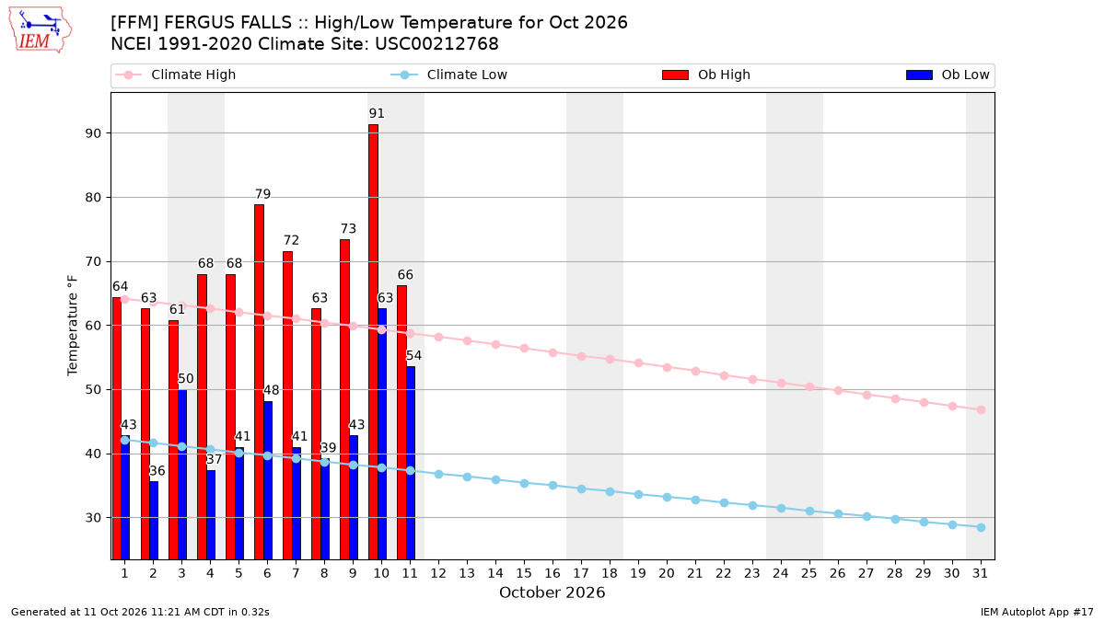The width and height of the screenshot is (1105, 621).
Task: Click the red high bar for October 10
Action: click(374, 342)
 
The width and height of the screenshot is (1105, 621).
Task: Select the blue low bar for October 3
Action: click(182, 475)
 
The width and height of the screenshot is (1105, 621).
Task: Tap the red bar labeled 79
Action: click(259, 382)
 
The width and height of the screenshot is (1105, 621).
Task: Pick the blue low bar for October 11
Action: click(411, 463)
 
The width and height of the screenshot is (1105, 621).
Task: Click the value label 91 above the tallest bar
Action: click(377, 113)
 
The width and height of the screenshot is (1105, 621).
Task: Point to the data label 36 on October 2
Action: click(157, 471)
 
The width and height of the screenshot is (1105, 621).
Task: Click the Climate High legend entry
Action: click(176, 75)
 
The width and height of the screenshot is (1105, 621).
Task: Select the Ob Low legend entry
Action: click(948, 75)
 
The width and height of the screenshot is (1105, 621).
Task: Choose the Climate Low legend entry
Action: click(449, 75)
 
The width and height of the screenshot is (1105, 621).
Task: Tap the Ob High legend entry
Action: click(706, 75)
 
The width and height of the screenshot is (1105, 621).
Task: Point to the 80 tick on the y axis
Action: click(93, 198)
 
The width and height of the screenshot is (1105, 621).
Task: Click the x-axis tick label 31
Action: click(980, 573)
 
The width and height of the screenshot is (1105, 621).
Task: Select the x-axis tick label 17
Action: click(581, 573)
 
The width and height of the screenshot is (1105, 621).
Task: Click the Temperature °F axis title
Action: click(73, 326)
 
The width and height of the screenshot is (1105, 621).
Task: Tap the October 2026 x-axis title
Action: click(552, 592)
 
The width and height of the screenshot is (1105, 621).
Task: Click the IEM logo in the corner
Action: click(40, 30)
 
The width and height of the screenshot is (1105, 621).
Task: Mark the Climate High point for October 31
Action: click(981, 410)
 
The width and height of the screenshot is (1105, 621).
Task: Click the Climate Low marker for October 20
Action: click(667, 498)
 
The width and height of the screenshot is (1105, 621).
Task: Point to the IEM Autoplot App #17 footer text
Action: click(1037, 612)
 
